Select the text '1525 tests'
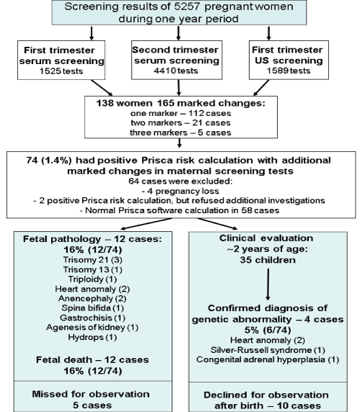click(61, 71)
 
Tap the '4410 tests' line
click(176, 71)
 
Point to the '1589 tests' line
click(289, 71)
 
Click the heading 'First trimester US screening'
click(288, 55)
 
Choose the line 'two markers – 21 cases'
click(181, 122)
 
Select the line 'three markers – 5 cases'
click(181, 133)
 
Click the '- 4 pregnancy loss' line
click(181, 191)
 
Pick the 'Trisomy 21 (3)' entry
click(93, 260)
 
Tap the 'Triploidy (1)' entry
click(92, 279)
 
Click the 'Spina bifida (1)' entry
click(92, 308)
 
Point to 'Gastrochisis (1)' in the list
click(92, 318)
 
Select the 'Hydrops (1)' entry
click(92, 337)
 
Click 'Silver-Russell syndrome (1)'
click(268, 350)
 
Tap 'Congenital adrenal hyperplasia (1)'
click(268, 359)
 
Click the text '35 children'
click(268, 260)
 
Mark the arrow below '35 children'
click(268, 285)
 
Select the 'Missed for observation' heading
click(91, 394)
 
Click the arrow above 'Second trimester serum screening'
click(179, 33)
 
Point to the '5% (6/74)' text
click(268, 330)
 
